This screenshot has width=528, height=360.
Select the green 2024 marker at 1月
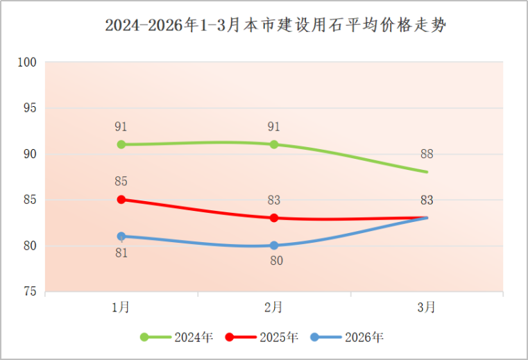121,144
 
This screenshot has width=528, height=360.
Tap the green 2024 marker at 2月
274,144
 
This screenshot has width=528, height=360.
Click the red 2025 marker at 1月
121,199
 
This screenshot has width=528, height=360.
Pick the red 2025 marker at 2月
274,218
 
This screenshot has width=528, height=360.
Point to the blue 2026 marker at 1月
121,236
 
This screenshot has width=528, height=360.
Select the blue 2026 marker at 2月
274,245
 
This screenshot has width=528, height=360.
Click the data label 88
427,154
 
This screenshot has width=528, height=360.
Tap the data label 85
121,182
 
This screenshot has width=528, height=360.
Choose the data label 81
121,253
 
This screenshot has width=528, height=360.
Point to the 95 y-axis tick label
29,108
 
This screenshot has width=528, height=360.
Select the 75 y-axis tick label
29,292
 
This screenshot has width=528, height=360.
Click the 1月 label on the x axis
121,307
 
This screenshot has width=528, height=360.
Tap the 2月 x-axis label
274,307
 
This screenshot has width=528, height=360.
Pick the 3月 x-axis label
427,307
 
